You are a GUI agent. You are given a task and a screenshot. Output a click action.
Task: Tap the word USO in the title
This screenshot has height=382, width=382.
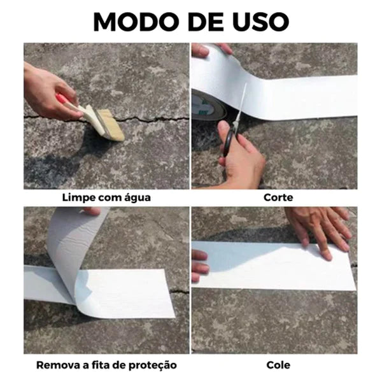[x=260, y=20]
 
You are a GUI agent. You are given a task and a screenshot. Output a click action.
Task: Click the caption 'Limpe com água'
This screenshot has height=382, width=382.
[x=106, y=197]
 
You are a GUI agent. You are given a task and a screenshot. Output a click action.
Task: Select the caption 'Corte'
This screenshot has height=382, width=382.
[x=278, y=197]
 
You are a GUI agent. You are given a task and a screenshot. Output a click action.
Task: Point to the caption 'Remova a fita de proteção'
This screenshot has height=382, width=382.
[x=106, y=365]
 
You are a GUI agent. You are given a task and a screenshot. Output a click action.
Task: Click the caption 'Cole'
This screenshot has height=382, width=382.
[x=278, y=365]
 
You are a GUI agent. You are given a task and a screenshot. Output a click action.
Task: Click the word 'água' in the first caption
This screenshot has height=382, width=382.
[x=136, y=197]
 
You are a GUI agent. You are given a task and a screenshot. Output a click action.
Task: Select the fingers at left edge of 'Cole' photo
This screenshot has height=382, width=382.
[x=199, y=264]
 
